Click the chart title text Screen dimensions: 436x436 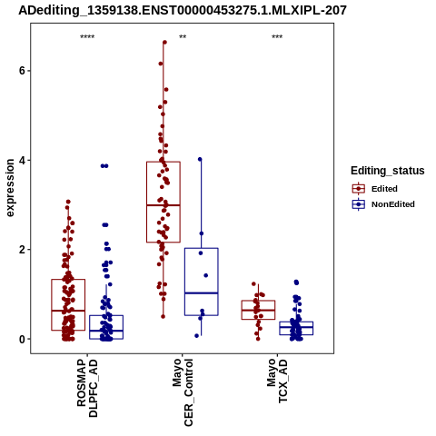[x=183, y=11]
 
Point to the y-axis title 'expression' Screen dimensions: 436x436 [x=10, y=188]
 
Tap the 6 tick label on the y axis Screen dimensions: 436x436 [x=22, y=71]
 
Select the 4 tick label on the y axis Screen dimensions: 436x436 [x=22, y=160]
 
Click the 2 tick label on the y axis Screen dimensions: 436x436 [x=22, y=250]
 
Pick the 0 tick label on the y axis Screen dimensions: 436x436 [x=22, y=339]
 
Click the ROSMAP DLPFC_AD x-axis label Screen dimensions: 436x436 [x=87, y=388]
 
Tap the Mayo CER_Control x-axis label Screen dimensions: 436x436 [x=183, y=392]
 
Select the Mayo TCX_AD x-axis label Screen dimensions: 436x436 [x=277, y=381]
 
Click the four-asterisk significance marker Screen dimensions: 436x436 [x=87, y=37]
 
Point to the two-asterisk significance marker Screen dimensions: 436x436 [x=183, y=37]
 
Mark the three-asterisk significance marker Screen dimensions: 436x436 [x=277, y=37]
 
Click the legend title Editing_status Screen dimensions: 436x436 [x=388, y=171]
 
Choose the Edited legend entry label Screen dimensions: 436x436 [x=384, y=189]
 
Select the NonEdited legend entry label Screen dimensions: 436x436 [x=393, y=204]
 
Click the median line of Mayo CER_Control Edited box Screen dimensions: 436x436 [x=163, y=205]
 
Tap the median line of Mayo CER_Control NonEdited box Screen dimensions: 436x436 [x=202, y=293]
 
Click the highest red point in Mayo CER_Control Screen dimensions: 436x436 [x=164, y=43]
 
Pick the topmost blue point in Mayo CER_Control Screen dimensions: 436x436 [x=200, y=159]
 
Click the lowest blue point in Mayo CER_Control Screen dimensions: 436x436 [x=197, y=335]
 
